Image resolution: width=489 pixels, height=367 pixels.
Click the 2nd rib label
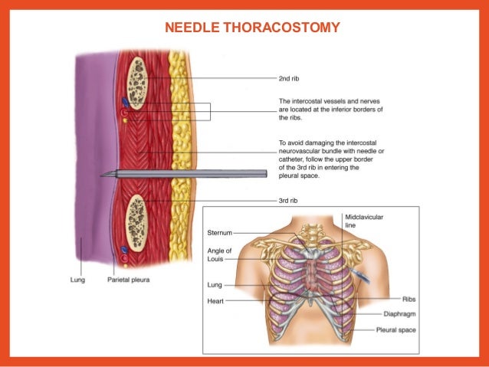tap(290, 77)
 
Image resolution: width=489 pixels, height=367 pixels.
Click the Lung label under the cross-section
tap(71, 280)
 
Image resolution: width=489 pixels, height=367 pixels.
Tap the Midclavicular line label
tap(364, 222)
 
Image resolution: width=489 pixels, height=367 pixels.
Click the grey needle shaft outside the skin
tap(230, 174)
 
